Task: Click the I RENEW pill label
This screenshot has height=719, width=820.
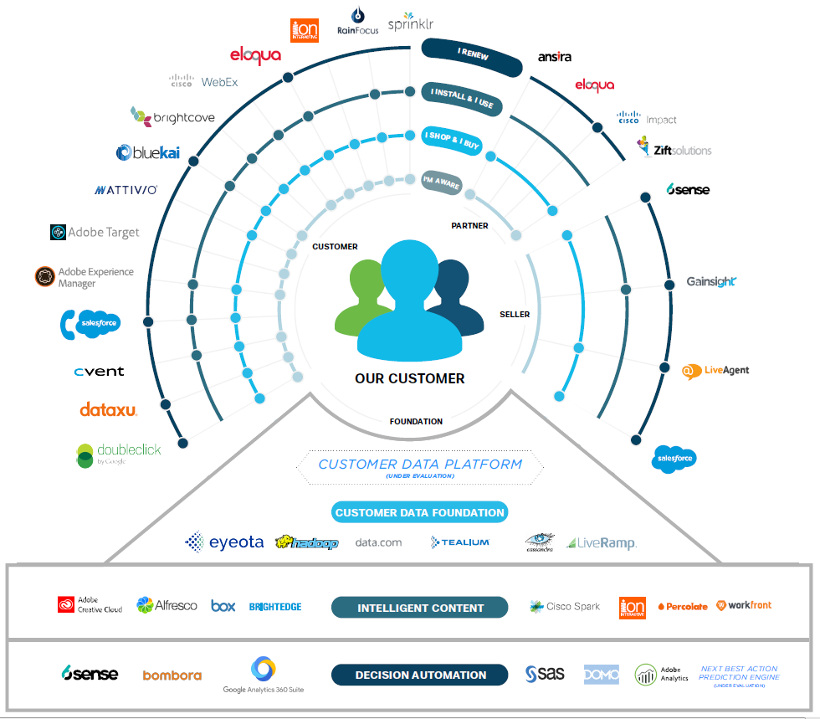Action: pos(472,53)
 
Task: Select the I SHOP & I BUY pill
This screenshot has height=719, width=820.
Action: pos(452,140)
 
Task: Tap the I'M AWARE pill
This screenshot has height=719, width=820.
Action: pos(441,183)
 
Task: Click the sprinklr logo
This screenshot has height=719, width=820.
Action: pos(411,22)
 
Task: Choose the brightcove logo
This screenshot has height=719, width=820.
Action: pos(172,116)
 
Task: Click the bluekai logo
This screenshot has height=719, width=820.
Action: pos(147,152)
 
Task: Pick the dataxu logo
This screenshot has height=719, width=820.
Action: pos(108,409)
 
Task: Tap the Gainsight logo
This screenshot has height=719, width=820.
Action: pos(711,282)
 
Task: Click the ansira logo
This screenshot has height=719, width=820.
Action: pos(555,58)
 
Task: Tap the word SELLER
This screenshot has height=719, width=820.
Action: pos(515,314)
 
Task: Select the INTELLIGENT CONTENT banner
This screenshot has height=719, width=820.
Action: pos(420,608)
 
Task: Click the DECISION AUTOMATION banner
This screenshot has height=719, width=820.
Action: pos(420,675)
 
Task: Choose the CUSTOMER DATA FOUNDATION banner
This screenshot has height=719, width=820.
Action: pos(419,512)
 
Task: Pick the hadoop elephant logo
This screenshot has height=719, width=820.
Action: pos(306,542)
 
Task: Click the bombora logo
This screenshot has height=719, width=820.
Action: pos(172,675)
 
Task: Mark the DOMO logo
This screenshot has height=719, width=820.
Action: pos(601,674)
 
